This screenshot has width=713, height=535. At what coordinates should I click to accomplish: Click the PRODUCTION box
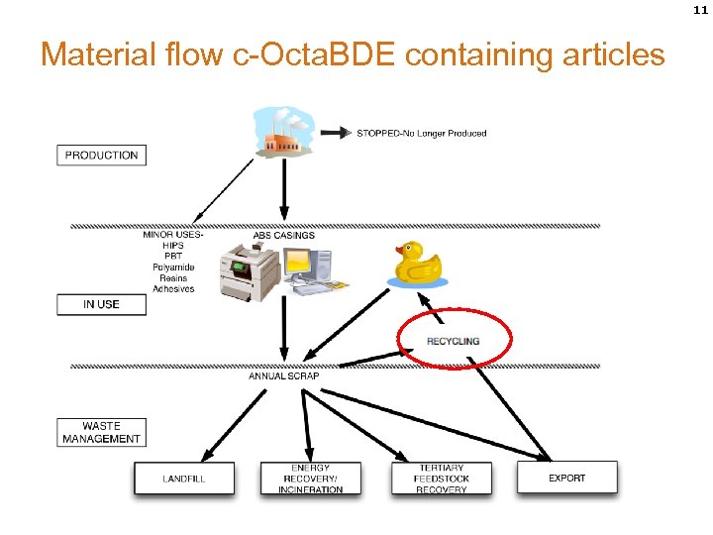point(101,156)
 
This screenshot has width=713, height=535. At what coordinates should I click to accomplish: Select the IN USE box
point(101,304)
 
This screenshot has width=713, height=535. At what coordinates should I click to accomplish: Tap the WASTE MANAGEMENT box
point(101,432)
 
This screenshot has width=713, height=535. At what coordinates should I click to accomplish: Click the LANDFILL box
point(184,479)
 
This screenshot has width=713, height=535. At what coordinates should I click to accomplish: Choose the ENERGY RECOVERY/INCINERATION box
point(310,479)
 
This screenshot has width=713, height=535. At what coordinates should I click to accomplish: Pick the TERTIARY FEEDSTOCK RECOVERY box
point(442,479)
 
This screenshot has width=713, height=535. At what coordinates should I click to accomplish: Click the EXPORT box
point(566,478)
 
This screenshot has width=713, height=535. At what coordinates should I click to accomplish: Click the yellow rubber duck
point(417,264)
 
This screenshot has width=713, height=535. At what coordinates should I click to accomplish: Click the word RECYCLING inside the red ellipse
point(453,341)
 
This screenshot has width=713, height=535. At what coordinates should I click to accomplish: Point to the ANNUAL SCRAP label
point(283,375)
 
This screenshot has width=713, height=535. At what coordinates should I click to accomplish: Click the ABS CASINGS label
point(283,236)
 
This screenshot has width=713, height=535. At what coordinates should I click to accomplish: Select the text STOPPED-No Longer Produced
point(421,133)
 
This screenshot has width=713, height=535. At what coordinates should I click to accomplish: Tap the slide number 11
point(700,9)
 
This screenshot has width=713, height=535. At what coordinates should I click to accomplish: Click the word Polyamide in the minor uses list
point(173,267)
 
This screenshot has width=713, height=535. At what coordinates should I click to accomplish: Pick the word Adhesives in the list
point(173,289)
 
